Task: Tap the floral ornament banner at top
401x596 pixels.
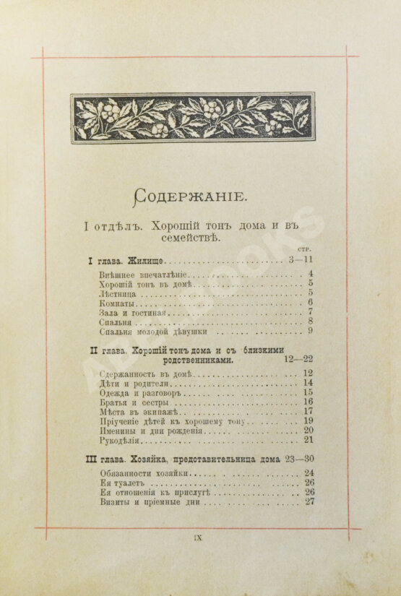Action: pos(192,117)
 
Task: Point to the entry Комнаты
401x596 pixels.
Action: pos(116,303)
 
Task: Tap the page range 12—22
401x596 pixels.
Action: pos(299,359)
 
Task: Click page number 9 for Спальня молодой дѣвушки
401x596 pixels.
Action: pos(310,332)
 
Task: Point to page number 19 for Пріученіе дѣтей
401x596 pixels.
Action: pos(308,420)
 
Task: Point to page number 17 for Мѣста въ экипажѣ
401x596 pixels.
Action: pos(308,411)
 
